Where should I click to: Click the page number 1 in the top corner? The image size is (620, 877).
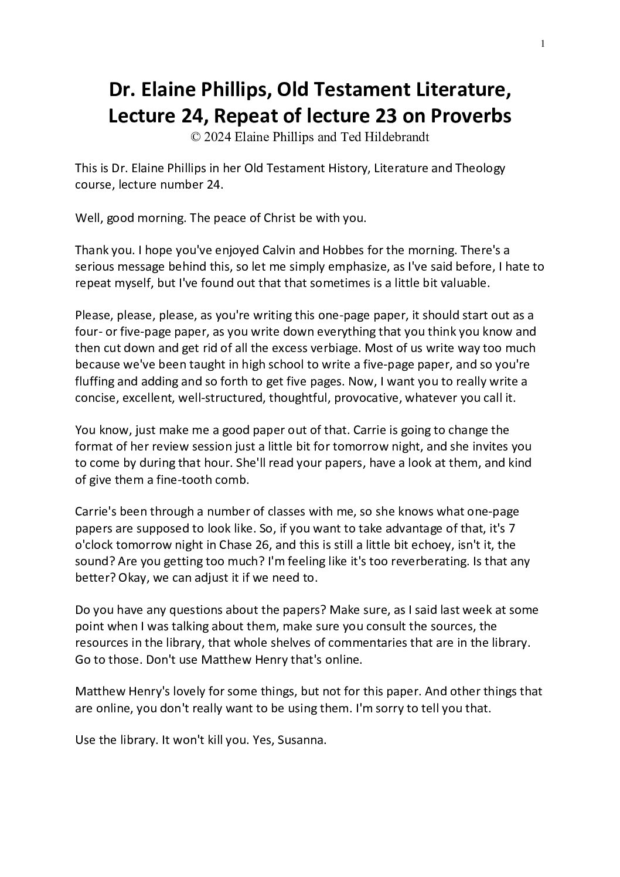543,43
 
